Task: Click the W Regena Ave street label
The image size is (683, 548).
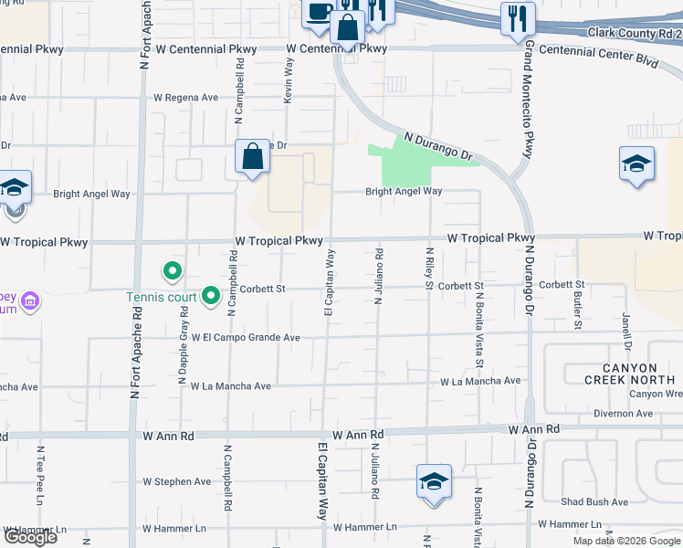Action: click(x=186, y=98)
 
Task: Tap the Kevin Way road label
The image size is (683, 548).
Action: click(x=289, y=80)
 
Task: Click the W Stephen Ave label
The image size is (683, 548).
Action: click(x=176, y=481)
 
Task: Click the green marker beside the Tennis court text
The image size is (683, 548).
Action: click(x=211, y=295)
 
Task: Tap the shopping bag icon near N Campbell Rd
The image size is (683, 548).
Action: click(x=253, y=156)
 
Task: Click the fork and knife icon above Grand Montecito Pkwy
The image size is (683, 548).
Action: click(x=517, y=18)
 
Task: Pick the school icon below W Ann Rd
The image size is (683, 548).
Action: click(x=434, y=481)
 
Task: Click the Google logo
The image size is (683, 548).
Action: click(x=30, y=537)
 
